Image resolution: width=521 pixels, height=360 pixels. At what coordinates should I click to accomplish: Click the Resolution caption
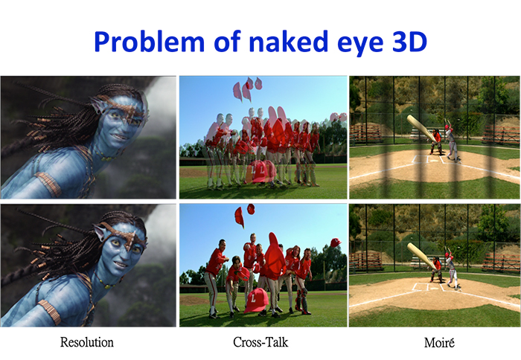[x=87, y=342]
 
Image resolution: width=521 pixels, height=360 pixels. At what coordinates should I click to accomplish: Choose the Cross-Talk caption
[x=260, y=342]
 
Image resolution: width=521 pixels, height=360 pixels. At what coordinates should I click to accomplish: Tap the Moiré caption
[x=439, y=342]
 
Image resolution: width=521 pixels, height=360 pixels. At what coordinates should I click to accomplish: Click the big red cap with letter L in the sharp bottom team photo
[x=257, y=300]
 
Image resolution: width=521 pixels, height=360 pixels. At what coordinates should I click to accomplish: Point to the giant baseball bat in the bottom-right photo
[x=422, y=256]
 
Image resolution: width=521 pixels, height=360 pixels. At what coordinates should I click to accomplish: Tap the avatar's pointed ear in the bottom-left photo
[x=100, y=231]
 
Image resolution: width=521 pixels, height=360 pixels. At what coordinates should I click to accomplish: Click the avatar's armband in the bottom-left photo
[x=50, y=312]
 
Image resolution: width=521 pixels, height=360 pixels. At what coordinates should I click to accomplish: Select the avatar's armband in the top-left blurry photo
[x=50, y=184]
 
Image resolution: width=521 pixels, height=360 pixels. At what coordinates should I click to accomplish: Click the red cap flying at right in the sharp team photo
[x=336, y=242]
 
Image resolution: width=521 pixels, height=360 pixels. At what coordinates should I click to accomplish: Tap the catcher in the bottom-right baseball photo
[x=437, y=270]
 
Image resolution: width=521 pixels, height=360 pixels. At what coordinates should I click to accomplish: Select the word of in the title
[x=227, y=41]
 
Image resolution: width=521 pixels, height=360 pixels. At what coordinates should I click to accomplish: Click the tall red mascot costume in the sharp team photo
[x=275, y=257]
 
